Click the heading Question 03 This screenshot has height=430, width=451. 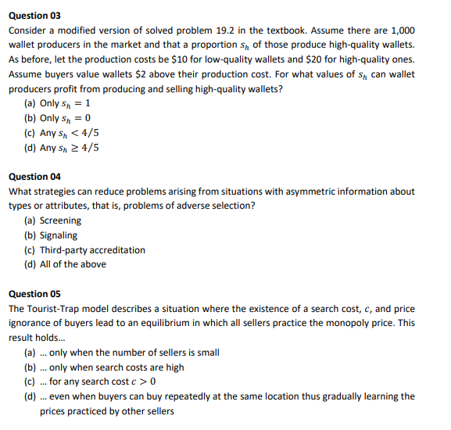(x=34, y=16)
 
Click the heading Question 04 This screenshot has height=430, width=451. (x=34, y=177)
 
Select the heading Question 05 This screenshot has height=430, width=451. (x=34, y=294)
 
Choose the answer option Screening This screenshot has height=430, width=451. (x=60, y=220)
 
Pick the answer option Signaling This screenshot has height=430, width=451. (x=59, y=235)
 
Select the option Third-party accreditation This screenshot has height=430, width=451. (x=92, y=250)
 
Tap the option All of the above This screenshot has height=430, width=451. (x=73, y=264)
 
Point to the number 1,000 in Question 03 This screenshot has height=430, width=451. (x=402, y=30)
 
